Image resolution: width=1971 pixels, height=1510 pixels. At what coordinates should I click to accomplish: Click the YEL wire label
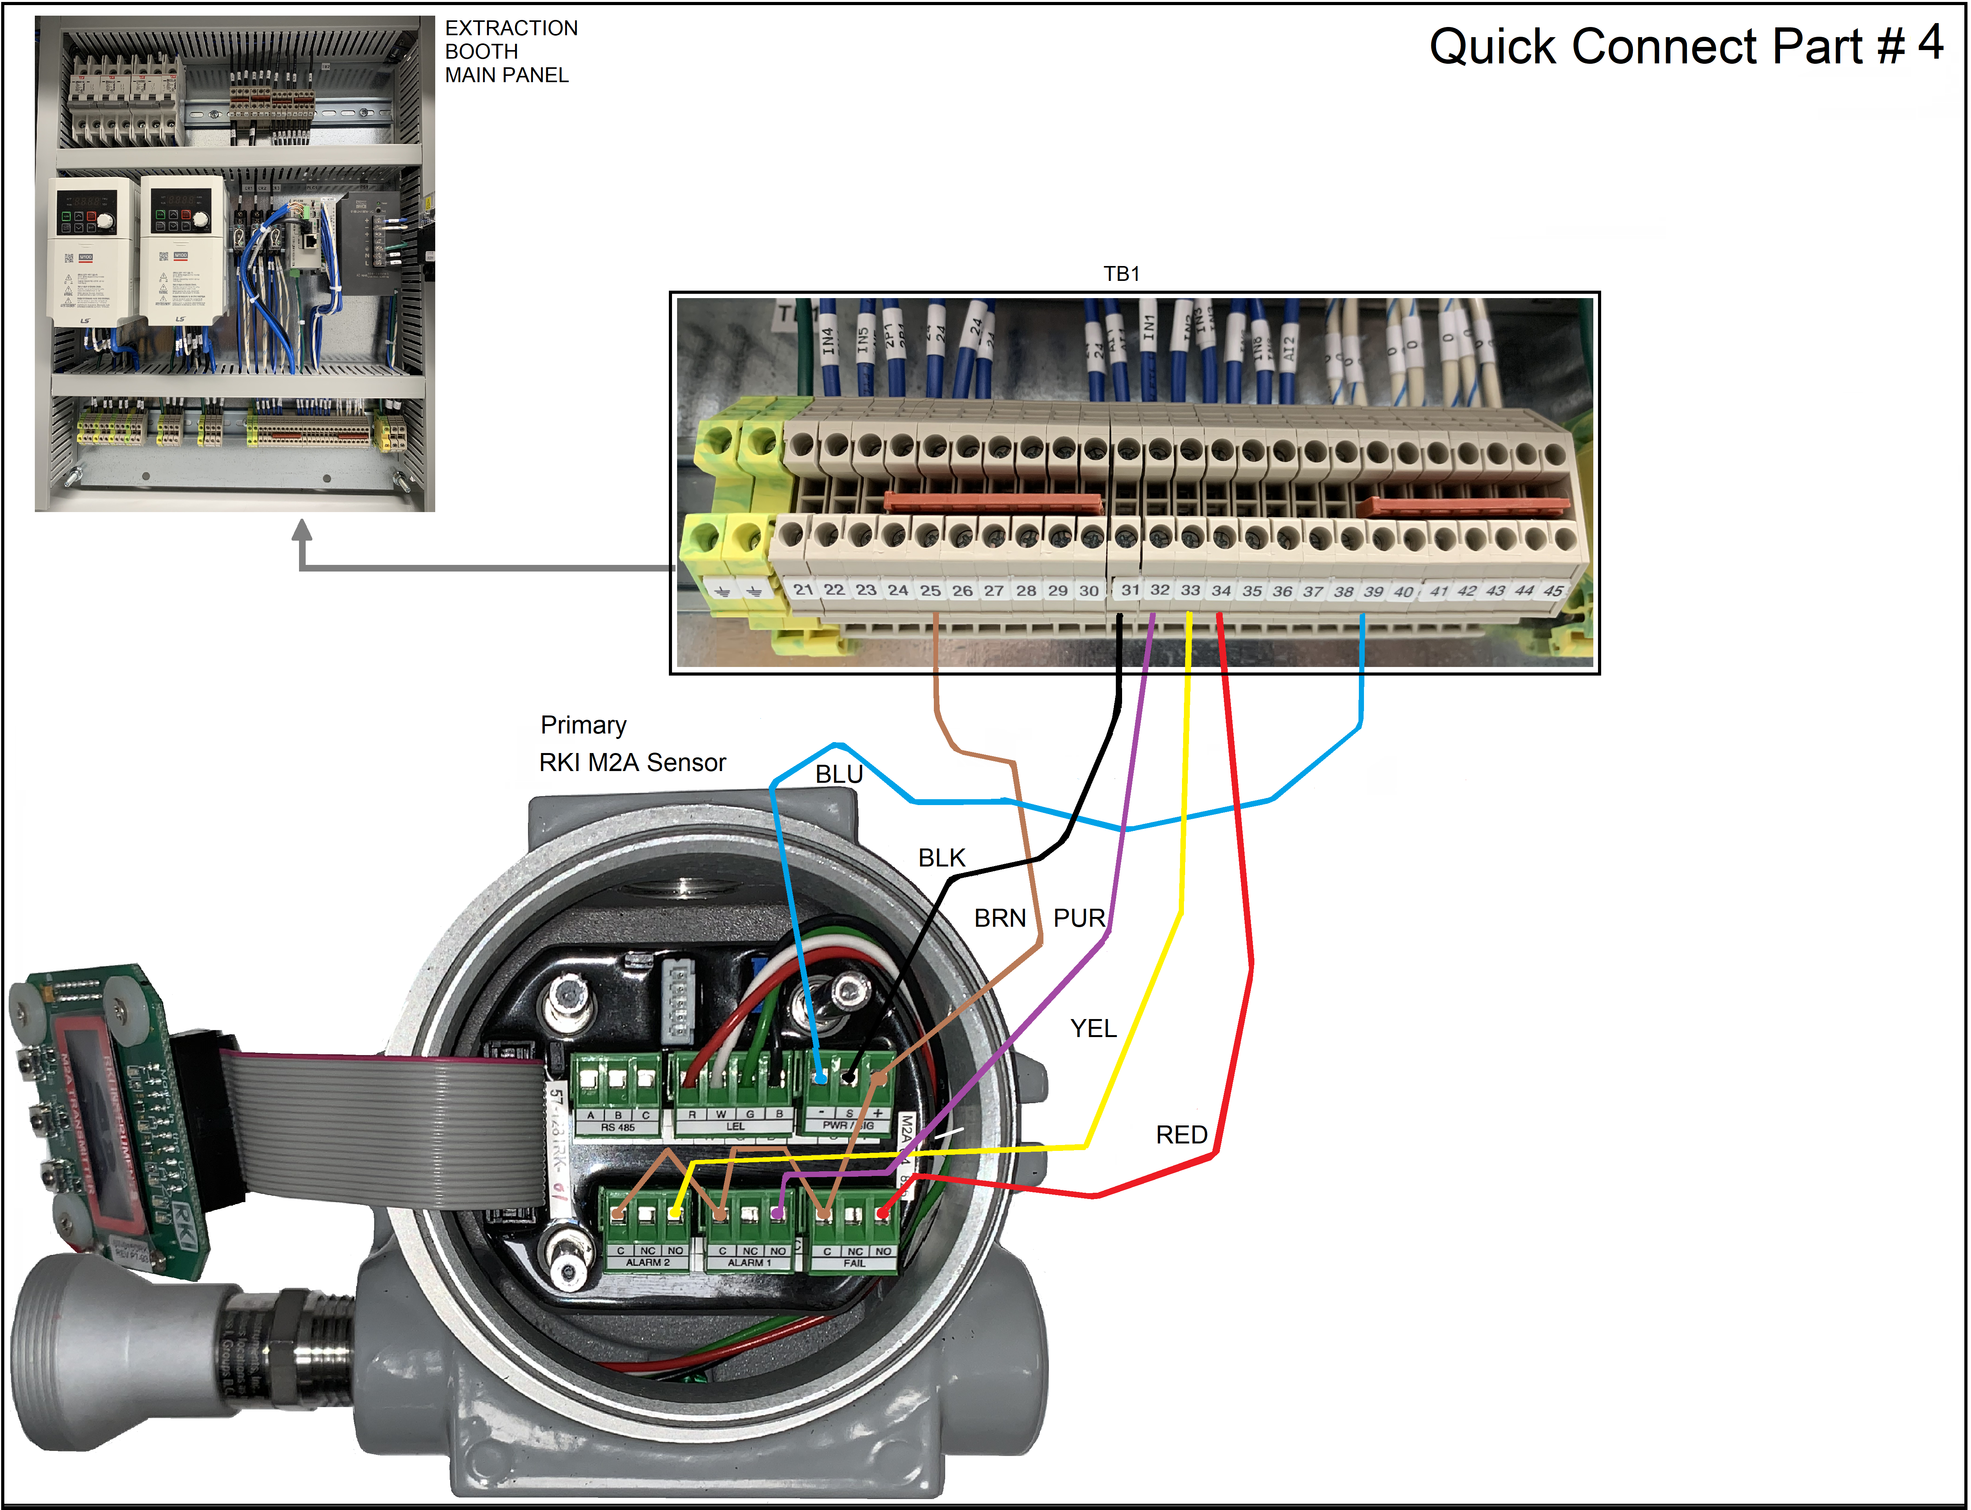pyautogui.click(x=1094, y=1028)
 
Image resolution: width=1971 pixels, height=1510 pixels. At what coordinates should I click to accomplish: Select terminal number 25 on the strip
pyautogui.click(x=930, y=591)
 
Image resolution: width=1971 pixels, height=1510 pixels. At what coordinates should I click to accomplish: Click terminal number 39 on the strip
pyautogui.click(x=1373, y=591)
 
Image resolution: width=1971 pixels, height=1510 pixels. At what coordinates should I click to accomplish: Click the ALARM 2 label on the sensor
pyautogui.click(x=647, y=1263)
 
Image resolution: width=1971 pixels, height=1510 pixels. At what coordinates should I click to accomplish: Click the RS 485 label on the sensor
pyautogui.click(x=618, y=1127)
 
